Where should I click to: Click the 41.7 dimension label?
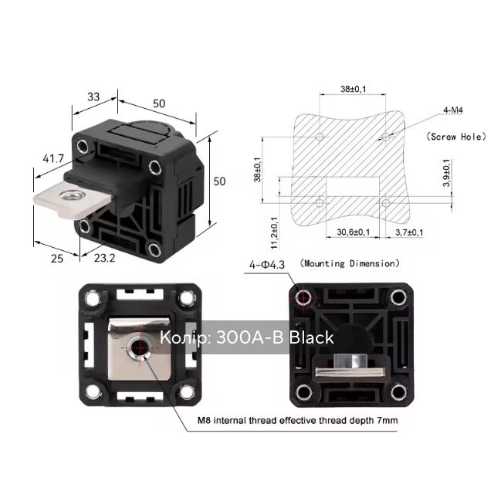click(53, 158)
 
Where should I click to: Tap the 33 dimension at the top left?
click(93, 97)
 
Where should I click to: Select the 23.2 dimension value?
click(105, 258)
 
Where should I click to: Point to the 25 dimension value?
click(57, 259)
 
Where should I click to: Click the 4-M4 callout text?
click(453, 110)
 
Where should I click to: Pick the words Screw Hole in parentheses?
click(456, 137)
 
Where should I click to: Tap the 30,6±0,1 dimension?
click(354, 232)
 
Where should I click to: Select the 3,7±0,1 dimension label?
click(409, 232)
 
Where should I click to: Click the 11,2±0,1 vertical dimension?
click(275, 233)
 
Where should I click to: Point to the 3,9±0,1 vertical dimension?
click(447, 173)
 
